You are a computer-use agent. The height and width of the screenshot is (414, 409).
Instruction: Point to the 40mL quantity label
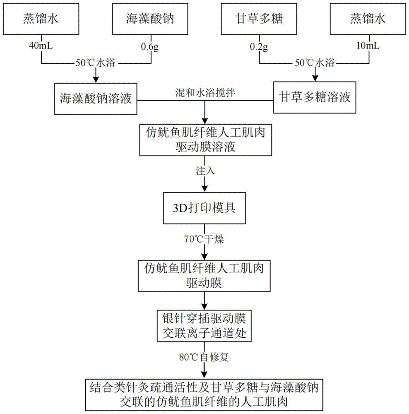pos(41,46)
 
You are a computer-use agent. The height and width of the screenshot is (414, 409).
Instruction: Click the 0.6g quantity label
pos(150,46)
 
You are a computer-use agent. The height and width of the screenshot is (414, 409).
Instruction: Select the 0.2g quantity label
pos(259,46)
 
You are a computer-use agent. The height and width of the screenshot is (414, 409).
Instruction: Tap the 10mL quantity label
pos(368,46)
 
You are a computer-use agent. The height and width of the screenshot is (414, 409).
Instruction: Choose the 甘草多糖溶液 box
pos(315,98)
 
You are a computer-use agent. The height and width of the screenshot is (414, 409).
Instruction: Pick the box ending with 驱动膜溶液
pos(205,140)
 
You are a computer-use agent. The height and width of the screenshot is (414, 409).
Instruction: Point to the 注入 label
pos(205,171)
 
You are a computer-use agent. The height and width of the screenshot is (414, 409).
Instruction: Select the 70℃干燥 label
pos(205,239)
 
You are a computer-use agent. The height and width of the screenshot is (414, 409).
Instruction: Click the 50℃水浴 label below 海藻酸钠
pos(96,63)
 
